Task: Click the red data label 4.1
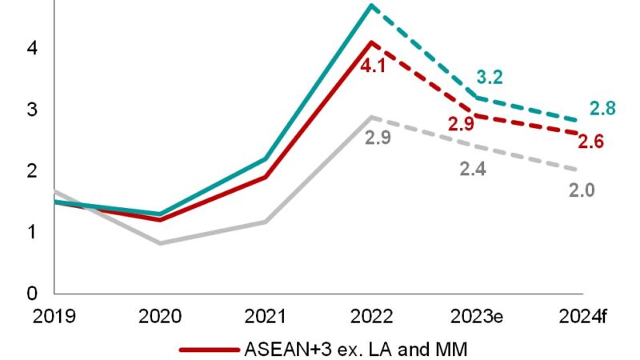[374, 66]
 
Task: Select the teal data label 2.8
[602, 108]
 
